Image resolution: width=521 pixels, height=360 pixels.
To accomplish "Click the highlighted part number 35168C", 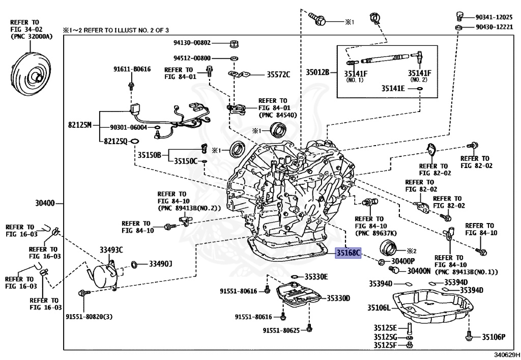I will tap(348, 253).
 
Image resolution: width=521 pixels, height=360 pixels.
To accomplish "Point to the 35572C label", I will tap(278, 75).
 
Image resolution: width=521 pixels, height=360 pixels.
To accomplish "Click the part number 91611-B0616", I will tap(131, 69).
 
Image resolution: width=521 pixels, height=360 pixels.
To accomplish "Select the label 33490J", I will tap(160, 264).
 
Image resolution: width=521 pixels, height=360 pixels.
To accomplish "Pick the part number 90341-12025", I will tap(493, 17).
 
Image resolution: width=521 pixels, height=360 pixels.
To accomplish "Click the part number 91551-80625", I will tap(281, 330).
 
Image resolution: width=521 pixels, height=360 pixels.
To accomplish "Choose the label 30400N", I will tap(419, 271).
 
